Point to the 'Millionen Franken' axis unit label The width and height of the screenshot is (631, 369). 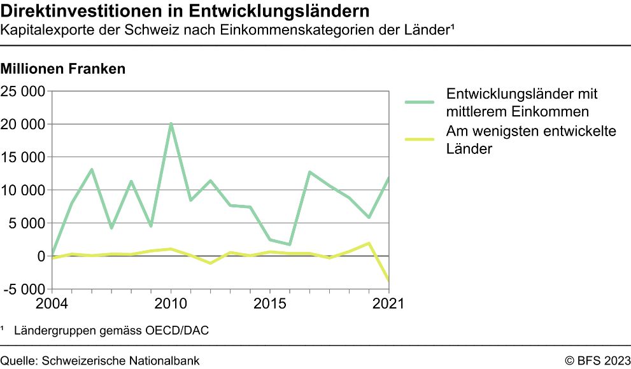pos(63,69)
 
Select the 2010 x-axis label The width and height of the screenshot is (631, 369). pos(171,303)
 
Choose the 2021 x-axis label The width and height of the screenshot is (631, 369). pos(388,303)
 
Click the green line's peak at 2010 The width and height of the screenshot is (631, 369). pos(171,123)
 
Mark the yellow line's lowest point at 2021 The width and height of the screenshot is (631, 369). pos(387,279)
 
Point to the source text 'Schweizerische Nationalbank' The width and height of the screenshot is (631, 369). pos(121,361)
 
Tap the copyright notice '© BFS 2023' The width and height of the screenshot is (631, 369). pos(597,361)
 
